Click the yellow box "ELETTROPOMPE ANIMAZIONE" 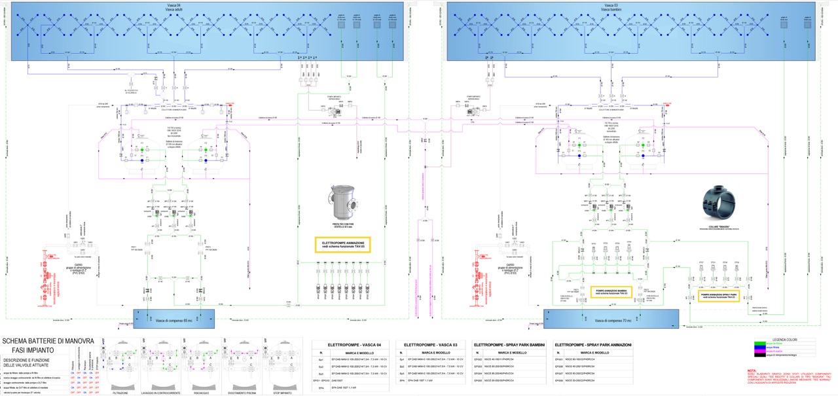(x=342, y=244)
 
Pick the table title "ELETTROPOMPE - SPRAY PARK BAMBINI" (x=509, y=344)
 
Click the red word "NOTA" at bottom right (x=752, y=370)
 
